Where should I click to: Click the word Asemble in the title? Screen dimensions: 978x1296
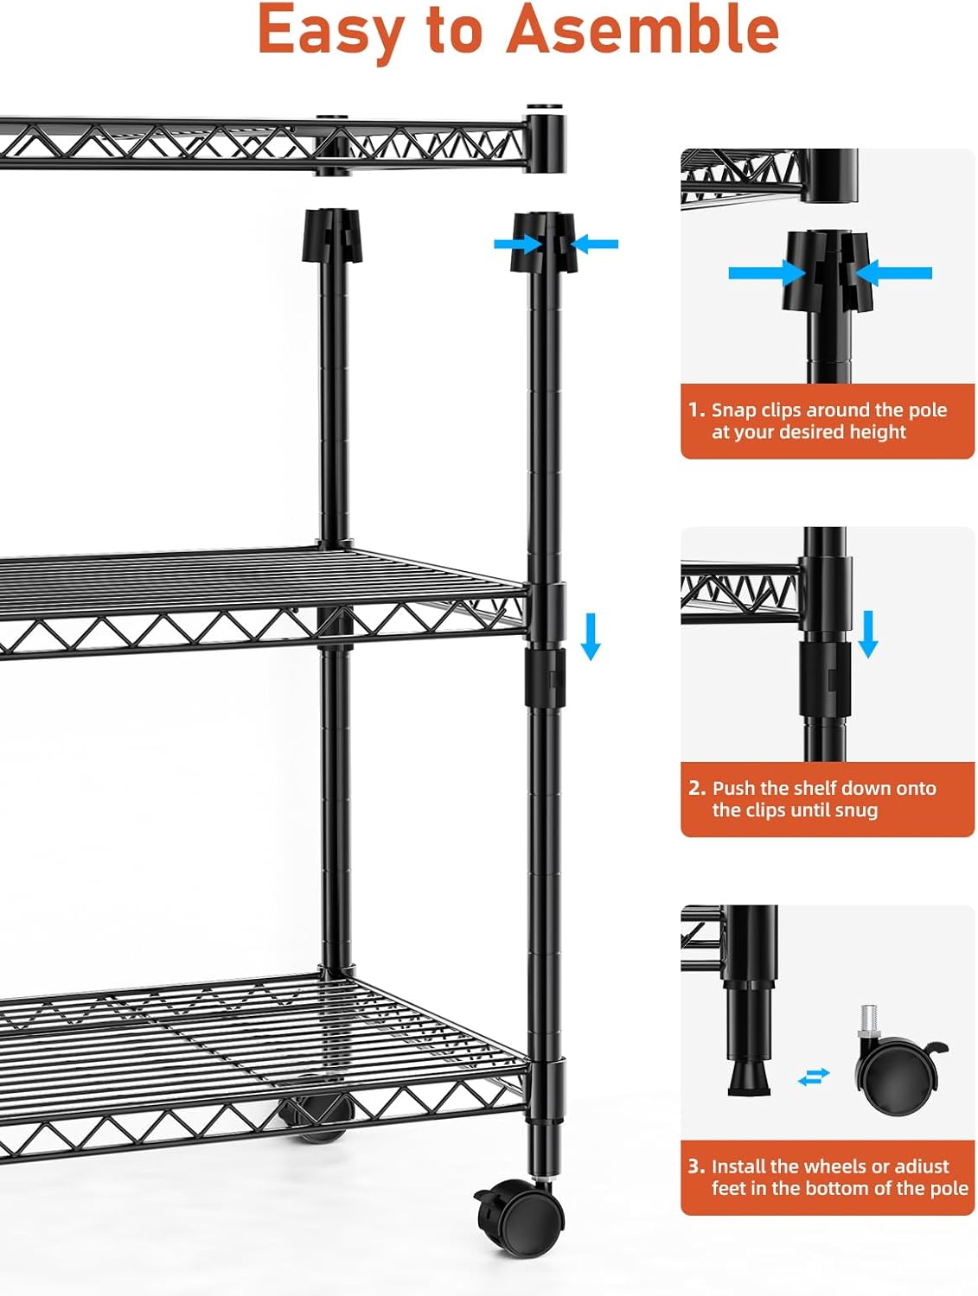(642, 29)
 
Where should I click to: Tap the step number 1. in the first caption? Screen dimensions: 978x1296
(697, 410)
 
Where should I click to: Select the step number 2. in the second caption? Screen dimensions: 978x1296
(697, 788)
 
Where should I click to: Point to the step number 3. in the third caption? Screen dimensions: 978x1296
(697, 1166)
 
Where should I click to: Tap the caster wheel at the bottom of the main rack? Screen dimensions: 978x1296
(519, 1218)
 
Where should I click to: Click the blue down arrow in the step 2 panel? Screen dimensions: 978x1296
(867, 635)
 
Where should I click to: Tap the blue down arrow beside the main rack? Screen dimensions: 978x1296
(591, 637)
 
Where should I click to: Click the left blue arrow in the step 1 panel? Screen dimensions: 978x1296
(767, 273)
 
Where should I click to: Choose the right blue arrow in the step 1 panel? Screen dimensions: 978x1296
(893, 273)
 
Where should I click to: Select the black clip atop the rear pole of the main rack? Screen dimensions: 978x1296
(332, 235)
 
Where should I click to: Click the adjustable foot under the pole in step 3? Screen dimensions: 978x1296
(749, 1073)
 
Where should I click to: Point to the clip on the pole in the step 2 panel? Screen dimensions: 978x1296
(826, 679)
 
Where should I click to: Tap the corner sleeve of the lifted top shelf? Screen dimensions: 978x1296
(545, 139)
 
